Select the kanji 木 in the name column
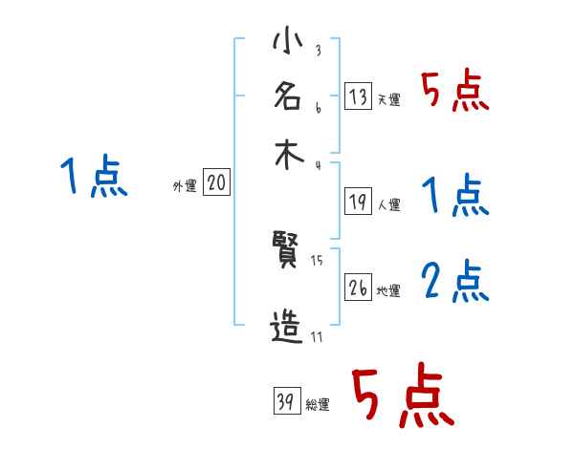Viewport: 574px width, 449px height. coord(287,155)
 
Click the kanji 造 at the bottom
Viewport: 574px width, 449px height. coord(287,329)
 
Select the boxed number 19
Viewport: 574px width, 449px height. coord(358,202)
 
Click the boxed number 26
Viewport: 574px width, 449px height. coord(358,288)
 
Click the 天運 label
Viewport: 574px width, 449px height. coord(388,99)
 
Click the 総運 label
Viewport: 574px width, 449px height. coord(318,405)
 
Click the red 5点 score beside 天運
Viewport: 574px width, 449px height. coord(455,93)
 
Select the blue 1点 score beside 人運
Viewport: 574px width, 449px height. coord(455,197)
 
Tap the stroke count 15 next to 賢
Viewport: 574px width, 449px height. coord(317,261)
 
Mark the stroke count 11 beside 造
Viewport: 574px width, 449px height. coord(316,336)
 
